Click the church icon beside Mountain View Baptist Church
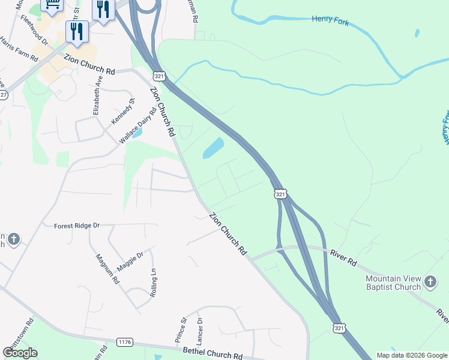pos(430,281)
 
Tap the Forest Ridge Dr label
pos(76,226)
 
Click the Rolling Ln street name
pos(153,281)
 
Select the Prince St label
pos(181,331)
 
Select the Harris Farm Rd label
pos(19,50)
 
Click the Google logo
pos(20,353)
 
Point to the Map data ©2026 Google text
pos(412,355)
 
